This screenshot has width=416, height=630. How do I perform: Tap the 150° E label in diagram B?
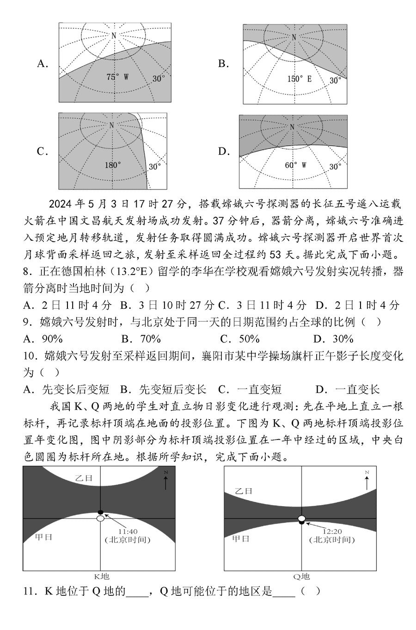pos(299,79)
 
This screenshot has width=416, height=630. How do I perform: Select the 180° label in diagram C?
pos(112,165)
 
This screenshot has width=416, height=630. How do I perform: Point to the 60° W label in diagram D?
pos(296,165)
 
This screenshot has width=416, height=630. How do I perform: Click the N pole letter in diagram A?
pos(113,35)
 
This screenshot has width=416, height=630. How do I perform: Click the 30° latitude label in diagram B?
pos(335,80)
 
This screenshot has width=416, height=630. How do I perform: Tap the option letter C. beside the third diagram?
pos(43,152)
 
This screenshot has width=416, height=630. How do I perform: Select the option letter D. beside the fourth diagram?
pos(224,152)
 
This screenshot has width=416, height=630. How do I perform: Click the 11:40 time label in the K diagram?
pos(128,531)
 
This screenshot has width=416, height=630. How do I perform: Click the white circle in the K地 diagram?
pos(100,519)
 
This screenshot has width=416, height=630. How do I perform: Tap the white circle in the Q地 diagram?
pos(302,518)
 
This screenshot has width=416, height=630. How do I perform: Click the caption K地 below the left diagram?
pos(102,576)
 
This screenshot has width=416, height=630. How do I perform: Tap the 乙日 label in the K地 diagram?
pos(84,478)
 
